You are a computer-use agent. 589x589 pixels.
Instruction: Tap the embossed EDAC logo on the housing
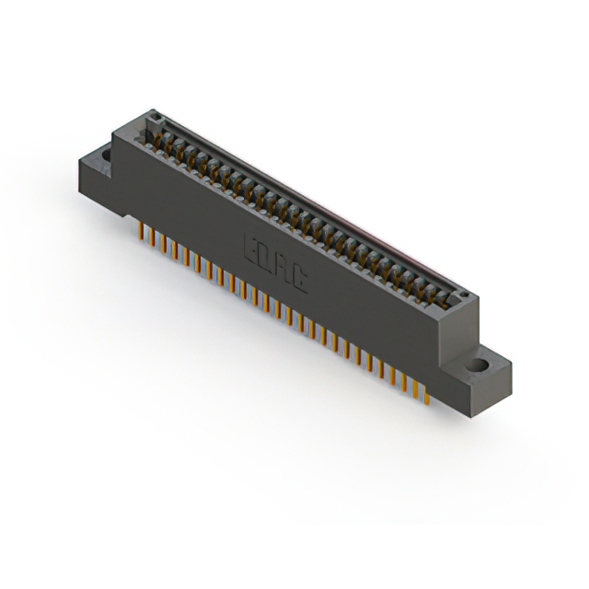pyautogui.click(x=275, y=262)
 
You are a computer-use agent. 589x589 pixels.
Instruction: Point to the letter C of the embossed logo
pyautogui.click(x=300, y=278)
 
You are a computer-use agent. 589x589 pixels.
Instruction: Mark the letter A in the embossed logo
pyautogui.click(x=283, y=268)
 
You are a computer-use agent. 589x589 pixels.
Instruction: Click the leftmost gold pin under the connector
pyautogui.click(x=141, y=232)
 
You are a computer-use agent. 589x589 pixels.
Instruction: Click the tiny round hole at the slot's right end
pyautogui.click(x=464, y=296)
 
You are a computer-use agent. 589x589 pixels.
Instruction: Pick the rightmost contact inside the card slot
pyautogui.click(x=448, y=298)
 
